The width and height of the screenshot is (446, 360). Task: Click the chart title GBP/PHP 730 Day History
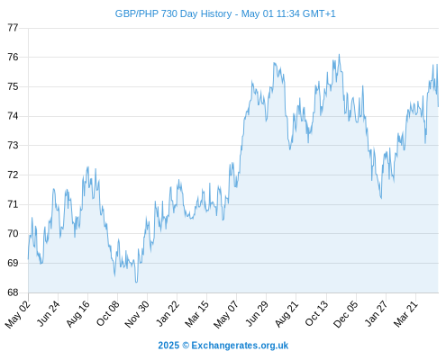tap(173, 13)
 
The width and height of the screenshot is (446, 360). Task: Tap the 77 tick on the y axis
tap(13, 28)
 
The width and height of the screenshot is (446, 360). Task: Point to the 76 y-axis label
tap(13, 57)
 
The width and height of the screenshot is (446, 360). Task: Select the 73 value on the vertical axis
tap(13, 146)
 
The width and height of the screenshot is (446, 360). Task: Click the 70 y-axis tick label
tap(13, 233)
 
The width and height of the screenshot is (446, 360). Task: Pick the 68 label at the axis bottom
tap(13, 292)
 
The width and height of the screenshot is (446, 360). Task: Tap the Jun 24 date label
tap(49, 313)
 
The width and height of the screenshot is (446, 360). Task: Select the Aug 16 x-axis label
tap(78, 313)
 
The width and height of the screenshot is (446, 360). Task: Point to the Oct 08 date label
tap(108, 313)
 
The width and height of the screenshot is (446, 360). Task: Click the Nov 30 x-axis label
tap(137, 314)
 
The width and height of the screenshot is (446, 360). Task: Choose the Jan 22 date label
tap(168, 313)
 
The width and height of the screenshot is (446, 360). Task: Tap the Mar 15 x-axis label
tap(197, 314)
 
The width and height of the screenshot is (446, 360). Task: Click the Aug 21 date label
tap(287, 313)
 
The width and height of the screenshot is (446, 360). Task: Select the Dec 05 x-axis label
tap(346, 314)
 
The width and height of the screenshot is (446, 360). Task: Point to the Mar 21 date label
tap(405, 314)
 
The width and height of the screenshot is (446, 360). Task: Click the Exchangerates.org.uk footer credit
tap(240, 346)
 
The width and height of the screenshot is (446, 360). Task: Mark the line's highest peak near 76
tap(339, 55)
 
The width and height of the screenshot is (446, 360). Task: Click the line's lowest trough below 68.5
tap(136, 282)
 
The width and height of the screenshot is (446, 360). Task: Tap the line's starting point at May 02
tap(29, 258)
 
